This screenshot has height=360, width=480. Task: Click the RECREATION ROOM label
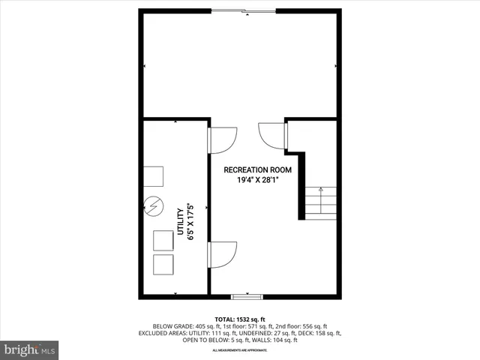[257, 170]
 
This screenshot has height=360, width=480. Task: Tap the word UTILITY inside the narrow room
[181, 223]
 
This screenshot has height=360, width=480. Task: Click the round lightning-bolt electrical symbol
[153, 204]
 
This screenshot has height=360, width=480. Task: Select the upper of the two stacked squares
[163, 241]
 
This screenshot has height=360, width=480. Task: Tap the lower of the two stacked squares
[163, 265]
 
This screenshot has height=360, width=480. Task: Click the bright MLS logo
[30, 349]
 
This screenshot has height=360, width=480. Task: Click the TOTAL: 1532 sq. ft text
[240, 318]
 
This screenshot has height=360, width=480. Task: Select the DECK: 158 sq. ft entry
[320, 333]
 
